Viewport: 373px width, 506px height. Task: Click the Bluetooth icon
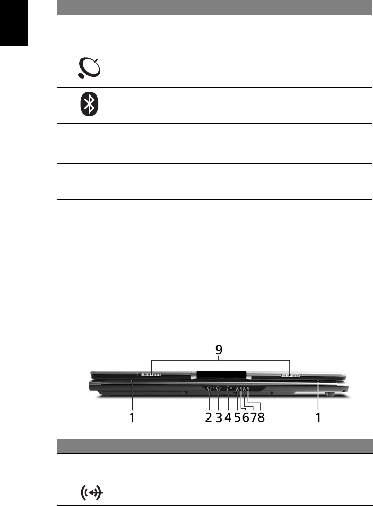point(90,104)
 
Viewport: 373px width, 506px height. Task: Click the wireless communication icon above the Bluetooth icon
point(90,68)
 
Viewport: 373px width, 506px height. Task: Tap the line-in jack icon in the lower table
point(92,492)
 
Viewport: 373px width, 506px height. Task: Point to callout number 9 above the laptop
point(219,350)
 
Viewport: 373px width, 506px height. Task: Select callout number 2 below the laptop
point(209,417)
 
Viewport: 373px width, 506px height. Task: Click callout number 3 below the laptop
point(219,417)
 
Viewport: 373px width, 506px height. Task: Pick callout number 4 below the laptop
point(228,417)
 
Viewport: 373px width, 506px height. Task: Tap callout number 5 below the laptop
point(237,417)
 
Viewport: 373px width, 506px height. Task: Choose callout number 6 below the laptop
point(246,417)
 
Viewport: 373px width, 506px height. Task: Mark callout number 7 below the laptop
point(253,417)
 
